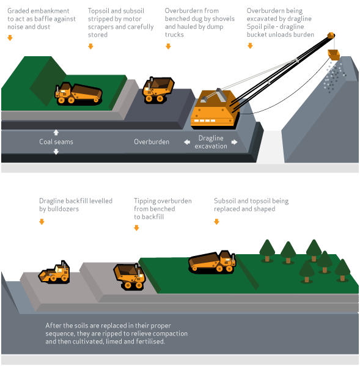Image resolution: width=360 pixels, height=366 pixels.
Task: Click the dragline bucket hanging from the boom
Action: tap(334, 54)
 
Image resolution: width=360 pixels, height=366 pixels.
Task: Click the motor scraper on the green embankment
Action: tap(78, 93)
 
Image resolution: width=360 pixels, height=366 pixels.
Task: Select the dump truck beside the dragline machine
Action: tap(158, 89)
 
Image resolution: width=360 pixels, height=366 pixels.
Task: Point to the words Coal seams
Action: tap(56, 142)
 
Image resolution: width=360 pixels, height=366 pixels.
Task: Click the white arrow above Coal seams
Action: tap(56, 132)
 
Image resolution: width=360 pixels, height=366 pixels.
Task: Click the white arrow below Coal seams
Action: tap(56, 152)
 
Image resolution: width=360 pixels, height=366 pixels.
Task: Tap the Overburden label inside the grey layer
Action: tap(152, 142)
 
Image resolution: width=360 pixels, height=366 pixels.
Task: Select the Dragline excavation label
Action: tap(211, 142)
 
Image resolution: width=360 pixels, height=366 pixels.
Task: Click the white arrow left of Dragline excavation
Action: tap(186, 142)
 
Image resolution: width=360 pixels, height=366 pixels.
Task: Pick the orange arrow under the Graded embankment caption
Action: tap(10, 38)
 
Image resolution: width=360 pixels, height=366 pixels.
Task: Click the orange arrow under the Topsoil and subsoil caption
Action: tap(90, 46)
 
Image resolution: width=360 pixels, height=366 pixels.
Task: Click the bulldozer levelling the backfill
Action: tap(55, 272)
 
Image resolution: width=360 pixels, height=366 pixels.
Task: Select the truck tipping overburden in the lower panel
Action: tap(130, 275)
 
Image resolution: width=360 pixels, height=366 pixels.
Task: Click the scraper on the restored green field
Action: tap(212, 261)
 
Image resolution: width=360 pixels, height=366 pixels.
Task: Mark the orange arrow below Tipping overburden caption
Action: tap(136, 228)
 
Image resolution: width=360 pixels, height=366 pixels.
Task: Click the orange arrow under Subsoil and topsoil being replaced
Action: tap(216, 221)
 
